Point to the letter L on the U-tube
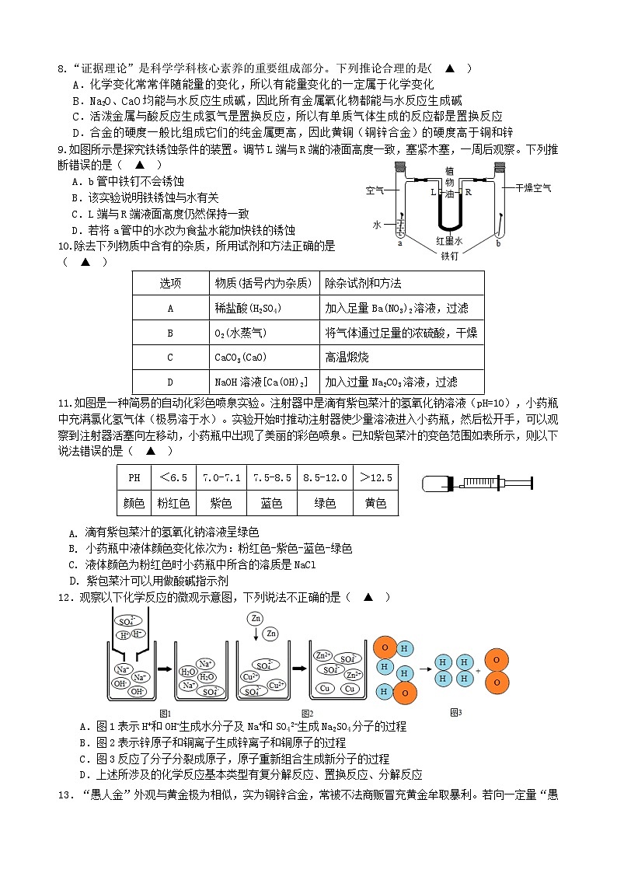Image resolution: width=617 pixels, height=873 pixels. tap(433, 190)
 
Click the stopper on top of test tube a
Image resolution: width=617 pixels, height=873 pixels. tap(400, 166)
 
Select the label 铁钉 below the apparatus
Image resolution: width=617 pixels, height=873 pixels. tap(450, 255)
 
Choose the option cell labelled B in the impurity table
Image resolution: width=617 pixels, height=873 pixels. tap(170, 333)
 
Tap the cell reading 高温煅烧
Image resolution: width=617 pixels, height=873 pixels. tap(347, 357)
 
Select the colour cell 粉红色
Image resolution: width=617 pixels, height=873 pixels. tap(173, 503)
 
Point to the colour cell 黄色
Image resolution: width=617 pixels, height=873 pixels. tap(375, 503)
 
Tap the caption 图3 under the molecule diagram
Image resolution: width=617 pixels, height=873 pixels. tap(456, 711)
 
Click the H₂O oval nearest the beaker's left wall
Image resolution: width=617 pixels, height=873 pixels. tap(188, 672)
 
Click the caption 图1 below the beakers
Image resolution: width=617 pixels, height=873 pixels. tap(165, 713)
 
